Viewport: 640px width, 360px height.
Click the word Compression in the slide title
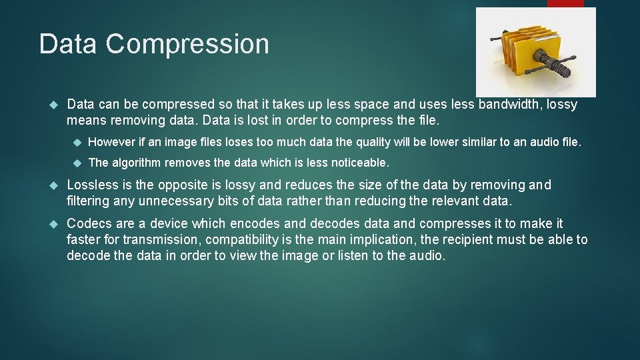187,45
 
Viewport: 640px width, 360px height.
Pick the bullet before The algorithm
76,163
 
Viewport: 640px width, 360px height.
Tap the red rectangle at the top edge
565,3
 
